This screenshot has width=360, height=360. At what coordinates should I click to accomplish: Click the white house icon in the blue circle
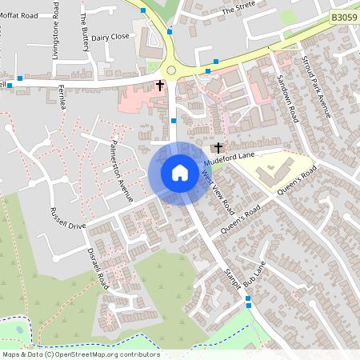[x=179, y=172]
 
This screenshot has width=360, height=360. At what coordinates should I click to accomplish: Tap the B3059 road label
[x=342, y=16]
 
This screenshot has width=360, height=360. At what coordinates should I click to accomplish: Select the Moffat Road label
[x=19, y=15]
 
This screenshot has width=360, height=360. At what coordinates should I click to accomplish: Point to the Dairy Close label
[x=110, y=37]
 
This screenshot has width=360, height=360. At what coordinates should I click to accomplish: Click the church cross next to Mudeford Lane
[x=217, y=148]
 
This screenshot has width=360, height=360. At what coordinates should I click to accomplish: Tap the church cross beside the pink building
[x=159, y=84]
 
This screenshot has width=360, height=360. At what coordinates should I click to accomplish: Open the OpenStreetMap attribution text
[x=81, y=354]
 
